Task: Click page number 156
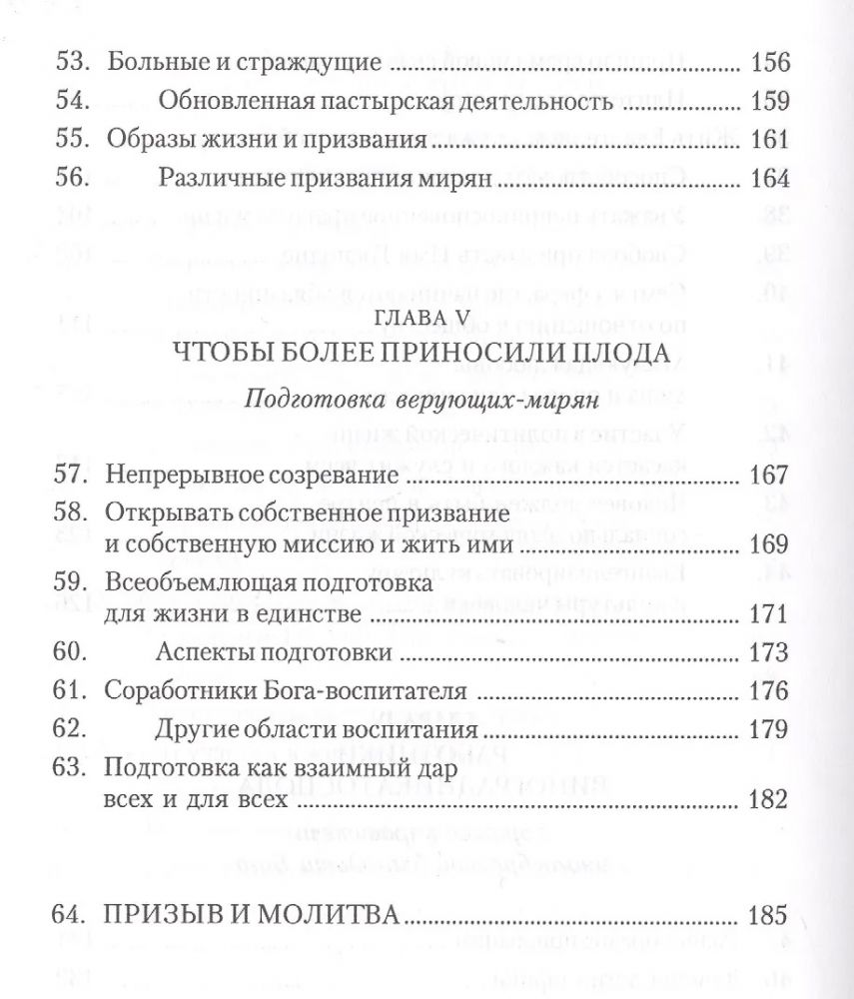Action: (770, 63)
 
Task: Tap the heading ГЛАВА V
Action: (426, 320)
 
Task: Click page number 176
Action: (770, 691)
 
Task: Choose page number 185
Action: (770, 915)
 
